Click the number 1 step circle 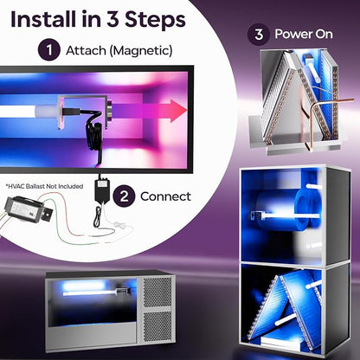pyautogui.click(x=49, y=49)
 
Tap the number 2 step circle pyautogui.click(x=124, y=196)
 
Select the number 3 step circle pyautogui.click(x=259, y=35)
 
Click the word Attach pyautogui.click(x=86, y=50)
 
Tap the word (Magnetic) pyautogui.click(x=141, y=51)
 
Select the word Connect pyautogui.click(x=165, y=196)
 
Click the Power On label pyautogui.click(x=304, y=34)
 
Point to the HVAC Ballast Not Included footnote pyautogui.click(x=44, y=186)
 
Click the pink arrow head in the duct pyautogui.click(x=178, y=111)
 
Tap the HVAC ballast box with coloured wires pyautogui.click(x=28, y=209)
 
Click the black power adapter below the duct pyautogui.click(x=102, y=189)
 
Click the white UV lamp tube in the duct pyautogui.click(x=28, y=112)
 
